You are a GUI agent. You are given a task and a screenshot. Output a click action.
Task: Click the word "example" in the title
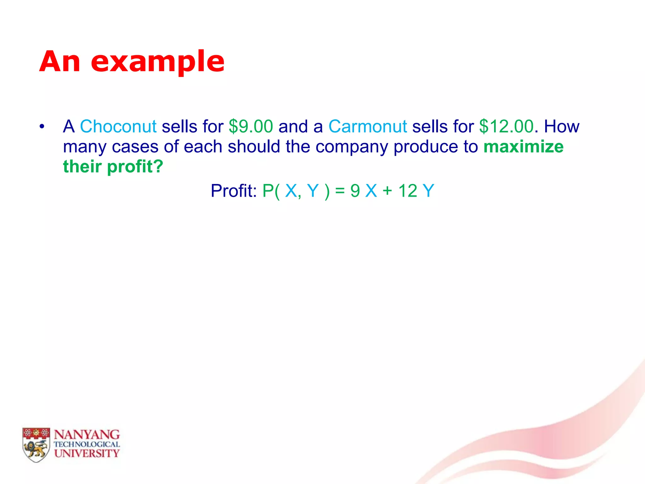[x=157, y=62]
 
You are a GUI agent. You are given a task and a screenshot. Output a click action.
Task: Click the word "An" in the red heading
[x=60, y=62]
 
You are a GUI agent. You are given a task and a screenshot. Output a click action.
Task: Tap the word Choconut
[x=118, y=127]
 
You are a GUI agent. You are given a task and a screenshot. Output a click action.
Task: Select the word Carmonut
[x=368, y=127]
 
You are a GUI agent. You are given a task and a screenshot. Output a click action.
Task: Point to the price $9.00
[x=251, y=127]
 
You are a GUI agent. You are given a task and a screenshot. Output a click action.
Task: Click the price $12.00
[x=506, y=127]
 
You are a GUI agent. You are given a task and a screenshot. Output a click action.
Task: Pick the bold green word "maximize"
[x=523, y=147]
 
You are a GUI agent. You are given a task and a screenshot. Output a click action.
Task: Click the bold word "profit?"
[x=135, y=166]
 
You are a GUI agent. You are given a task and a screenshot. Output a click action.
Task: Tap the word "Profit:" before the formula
[x=234, y=191]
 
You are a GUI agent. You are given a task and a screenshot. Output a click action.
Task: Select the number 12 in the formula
[x=408, y=191]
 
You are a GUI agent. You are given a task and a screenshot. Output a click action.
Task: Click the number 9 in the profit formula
[x=355, y=191]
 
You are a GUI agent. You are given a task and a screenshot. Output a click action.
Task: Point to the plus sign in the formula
[x=387, y=191]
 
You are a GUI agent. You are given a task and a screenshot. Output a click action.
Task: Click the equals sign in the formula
[x=340, y=191]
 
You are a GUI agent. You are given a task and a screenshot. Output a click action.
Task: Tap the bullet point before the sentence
[x=42, y=127]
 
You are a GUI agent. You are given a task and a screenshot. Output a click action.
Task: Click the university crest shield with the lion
[x=36, y=445]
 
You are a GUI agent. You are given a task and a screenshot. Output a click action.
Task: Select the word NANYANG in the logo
[x=87, y=435]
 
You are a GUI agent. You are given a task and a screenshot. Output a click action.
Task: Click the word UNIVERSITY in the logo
[x=87, y=453]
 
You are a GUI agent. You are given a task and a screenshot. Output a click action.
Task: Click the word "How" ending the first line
[x=562, y=127]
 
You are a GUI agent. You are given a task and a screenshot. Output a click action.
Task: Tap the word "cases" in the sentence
[x=135, y=147]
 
